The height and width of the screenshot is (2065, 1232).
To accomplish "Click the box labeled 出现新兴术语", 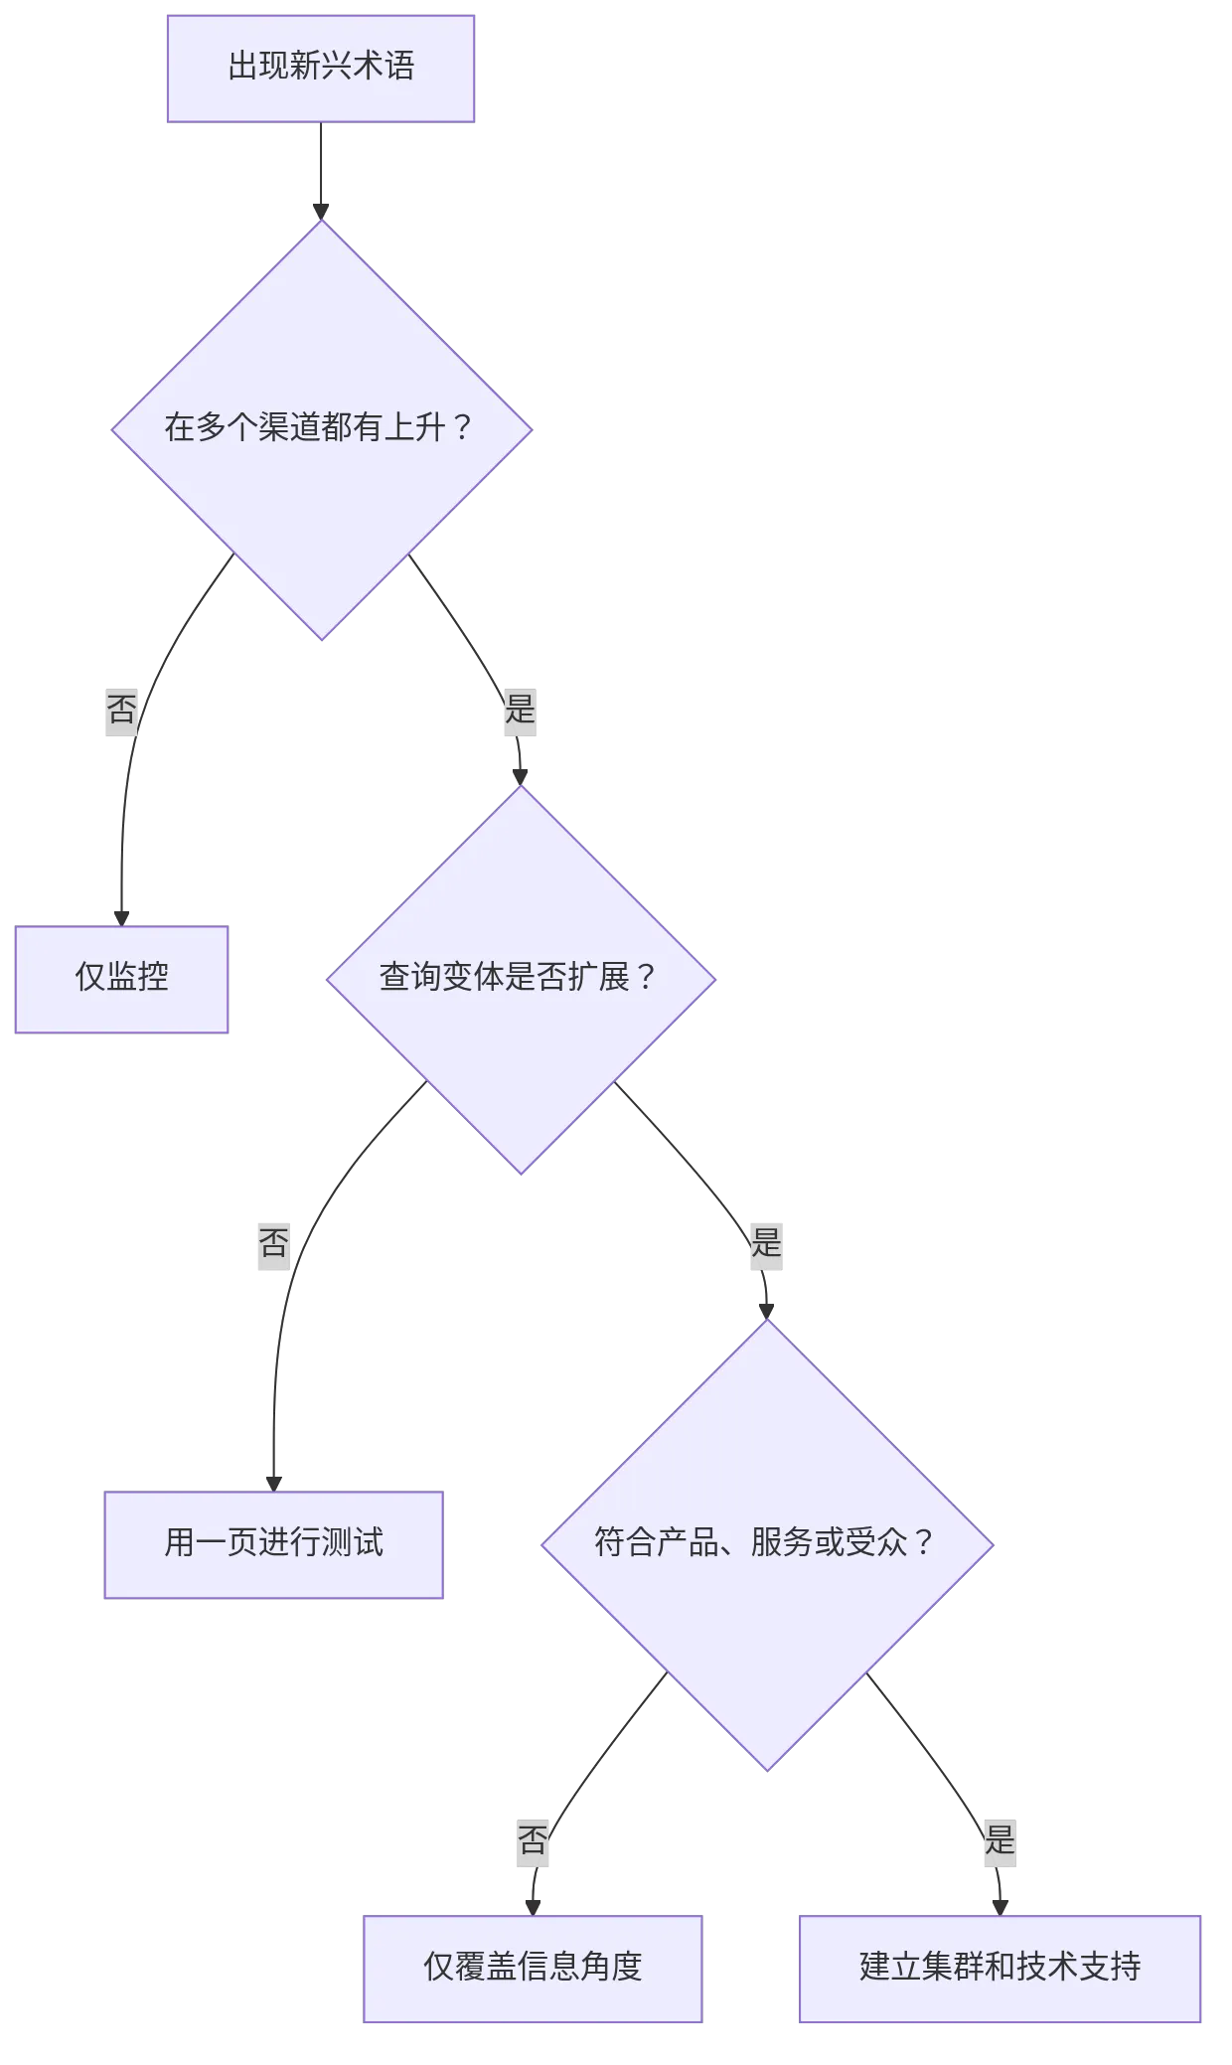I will pyautogui.click(x=321, y=68).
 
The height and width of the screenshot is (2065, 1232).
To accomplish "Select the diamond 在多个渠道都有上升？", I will pyautogui.click(x=321, y=429).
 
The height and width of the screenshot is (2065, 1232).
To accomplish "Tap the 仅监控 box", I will pyautogui.click(x=121, y=978).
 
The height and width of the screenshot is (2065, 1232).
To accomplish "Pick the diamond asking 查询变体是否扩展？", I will pyautogui.click(x=520, y=979).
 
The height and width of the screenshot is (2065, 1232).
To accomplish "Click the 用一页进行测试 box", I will pyautogui.click(x=274, y=1543).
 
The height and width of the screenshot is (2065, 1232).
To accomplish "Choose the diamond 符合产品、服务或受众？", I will pyautogui.click(x=766, y=1543).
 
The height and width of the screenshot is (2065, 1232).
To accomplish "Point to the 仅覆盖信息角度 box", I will pyautogui.click(x=533, y=1967).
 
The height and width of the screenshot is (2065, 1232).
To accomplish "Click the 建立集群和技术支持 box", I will pyautogui.click(x=1000, y=1967).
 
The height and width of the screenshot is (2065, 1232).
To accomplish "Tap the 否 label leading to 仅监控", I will pyautogui.click(x=121, y=711).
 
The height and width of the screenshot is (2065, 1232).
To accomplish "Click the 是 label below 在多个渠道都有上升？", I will pyautogui.click(x=521, y=711).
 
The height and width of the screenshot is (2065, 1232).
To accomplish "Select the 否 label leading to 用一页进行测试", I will pyautogui.click(x=273, y=1243).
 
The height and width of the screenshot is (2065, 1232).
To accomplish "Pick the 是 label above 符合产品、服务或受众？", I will pyautogui.click(x=766, y=1243).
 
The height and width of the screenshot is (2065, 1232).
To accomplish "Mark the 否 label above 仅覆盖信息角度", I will pyautogui.click(x=533, y=1840).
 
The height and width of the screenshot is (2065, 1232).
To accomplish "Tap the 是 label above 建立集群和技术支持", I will pyautogui.click(x=1000, y=1840).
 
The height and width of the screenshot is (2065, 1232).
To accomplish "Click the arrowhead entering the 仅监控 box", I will pyautogui.click(x=122, y=915).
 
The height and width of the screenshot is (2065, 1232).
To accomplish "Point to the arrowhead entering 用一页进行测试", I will pyautogui.click(x=274, y=1481).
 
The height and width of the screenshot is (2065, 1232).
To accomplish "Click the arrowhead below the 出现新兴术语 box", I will pyautogui.click(x=321, y=209).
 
